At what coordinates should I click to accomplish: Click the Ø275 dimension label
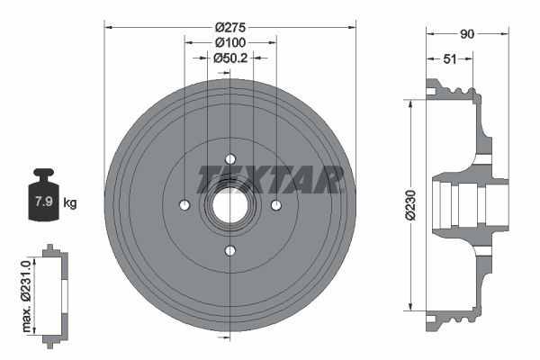[229, 27]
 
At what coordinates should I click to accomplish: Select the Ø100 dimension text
[229, 42]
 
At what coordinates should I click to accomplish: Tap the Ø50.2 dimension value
[229, 58]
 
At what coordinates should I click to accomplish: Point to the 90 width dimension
[467, 35]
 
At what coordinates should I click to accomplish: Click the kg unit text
[70, 203]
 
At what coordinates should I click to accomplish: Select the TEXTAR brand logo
[270, 177]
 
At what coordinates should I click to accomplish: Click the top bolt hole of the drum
[229, 160]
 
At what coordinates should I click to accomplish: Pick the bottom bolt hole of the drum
[229, 250]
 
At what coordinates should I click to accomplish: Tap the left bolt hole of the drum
[184, 205]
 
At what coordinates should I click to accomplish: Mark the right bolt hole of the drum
[274, 205]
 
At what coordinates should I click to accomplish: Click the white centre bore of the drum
[230, 205]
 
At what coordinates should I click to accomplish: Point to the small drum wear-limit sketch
[56, 293]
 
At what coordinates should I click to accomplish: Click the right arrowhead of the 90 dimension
[506, 35]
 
